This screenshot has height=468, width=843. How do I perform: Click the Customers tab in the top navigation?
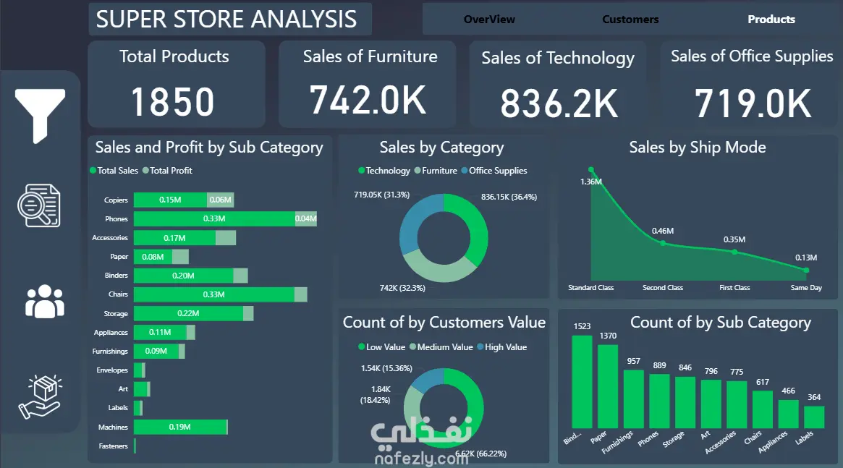pyautogui.click(x=630, y=20)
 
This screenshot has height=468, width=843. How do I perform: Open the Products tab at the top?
pyautogui.click(x=771, y=20)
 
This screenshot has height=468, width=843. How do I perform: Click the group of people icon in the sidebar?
pyautogui.click(x=45, y=302)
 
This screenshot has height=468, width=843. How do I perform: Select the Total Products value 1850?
pyautogui.click(x=172, y=102)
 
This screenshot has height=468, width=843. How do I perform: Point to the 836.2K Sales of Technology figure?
pyautogui.click(x=559, y=103)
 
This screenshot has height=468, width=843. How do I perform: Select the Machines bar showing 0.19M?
pyautogui.click(x=181, y=427)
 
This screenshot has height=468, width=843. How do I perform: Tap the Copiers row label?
pyautogui.click(x=116, y=200)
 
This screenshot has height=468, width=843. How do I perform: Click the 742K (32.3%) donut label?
pyautogui.click(x=402, y=288)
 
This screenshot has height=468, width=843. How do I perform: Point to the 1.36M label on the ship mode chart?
pyautogui.click(x=591, y=182)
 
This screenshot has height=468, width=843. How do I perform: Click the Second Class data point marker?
pyautogui.click(x=663, y=243)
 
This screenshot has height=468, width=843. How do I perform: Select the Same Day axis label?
pyautogui.click(x=806, y=287)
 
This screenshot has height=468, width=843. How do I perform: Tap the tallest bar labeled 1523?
pyautogui.click(x=582, y=381)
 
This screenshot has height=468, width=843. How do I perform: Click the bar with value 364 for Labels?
pyautogui.click(x=814, y=417)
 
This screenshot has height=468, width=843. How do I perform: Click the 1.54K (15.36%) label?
pyautogui.click(x=386, y=369)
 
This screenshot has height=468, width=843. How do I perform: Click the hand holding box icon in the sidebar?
pyautogui.click(x=41, y=396)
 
